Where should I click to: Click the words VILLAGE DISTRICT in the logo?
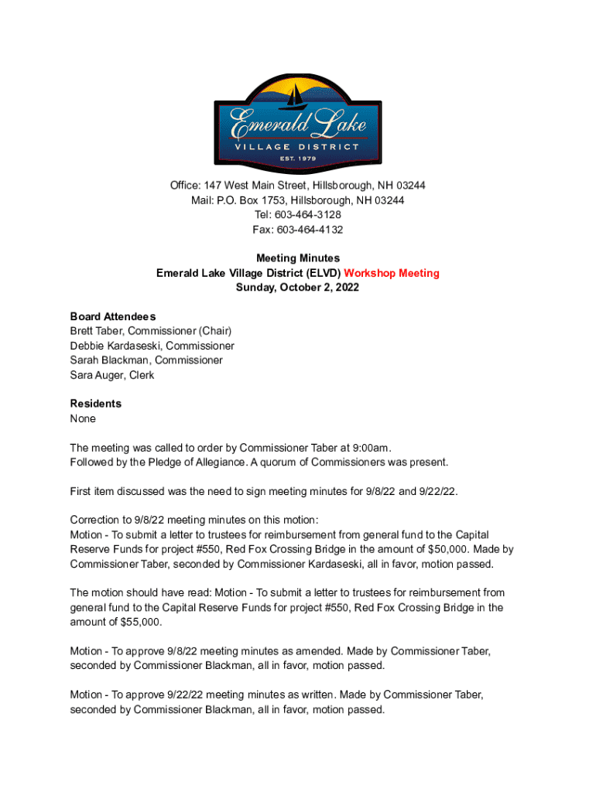tap(298, 146)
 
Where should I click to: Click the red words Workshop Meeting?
tap(392, 273)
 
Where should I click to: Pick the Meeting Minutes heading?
tap(298, 258)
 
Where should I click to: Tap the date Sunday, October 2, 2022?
tap(298, 288)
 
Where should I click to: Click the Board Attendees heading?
tap(113, 316)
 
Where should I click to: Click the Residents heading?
tap(95, 404)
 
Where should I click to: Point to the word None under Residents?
tap(83, 418)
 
